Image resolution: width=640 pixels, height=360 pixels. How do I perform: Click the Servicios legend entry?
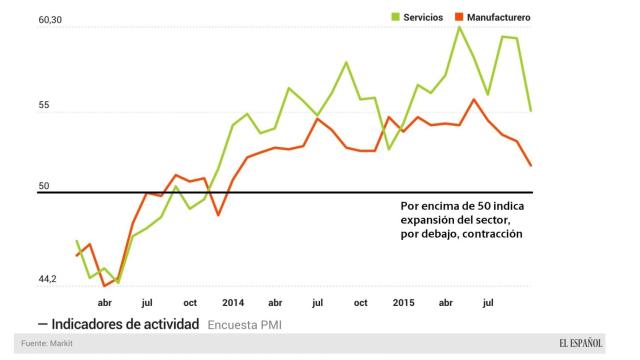tap(411, 17)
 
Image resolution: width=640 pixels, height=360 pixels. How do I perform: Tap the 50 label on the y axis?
tap(43, 186)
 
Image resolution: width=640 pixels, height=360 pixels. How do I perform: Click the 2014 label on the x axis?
tap(233, 301)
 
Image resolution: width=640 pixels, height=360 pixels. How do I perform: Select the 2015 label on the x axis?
tap(403, 301)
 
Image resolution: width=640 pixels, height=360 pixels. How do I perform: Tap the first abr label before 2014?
tap(105, 301)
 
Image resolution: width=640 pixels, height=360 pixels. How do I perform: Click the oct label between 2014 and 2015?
tap(359, 301)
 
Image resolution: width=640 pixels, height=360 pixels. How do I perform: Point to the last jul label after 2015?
tap(489, 301)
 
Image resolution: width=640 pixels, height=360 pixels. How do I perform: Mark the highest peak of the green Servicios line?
tap(459, 27)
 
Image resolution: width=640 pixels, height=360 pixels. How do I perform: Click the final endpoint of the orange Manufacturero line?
tap(530, 166)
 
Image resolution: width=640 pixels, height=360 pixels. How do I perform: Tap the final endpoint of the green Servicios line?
tap(530, 110)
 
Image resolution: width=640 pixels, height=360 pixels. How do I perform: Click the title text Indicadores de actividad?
tap(125, 324)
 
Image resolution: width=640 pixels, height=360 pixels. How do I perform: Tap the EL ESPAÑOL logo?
tap(580, 344)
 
